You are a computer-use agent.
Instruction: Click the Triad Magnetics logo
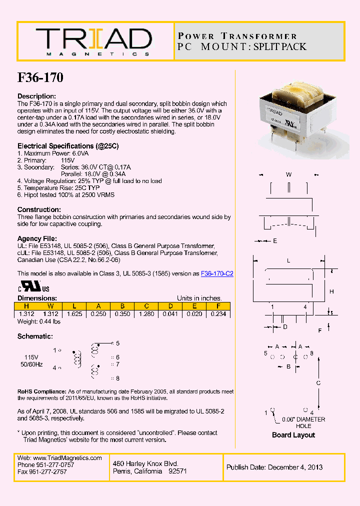93,41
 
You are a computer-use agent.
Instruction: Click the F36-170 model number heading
40,77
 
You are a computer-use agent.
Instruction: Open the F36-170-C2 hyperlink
217,273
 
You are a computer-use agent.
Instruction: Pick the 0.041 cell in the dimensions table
170,314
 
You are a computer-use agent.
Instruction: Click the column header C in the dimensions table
146,306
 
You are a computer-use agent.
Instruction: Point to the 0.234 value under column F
218,314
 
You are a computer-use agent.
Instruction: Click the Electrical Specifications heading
68,146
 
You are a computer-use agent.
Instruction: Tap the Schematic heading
35,336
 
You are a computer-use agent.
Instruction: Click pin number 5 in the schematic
117,343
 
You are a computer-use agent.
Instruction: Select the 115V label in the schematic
31,357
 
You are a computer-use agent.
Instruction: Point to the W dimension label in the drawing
288,174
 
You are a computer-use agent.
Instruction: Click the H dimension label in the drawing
331,291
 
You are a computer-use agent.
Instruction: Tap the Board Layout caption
293,435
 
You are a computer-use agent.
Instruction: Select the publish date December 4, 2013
274,467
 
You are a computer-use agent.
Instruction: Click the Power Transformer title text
237,36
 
